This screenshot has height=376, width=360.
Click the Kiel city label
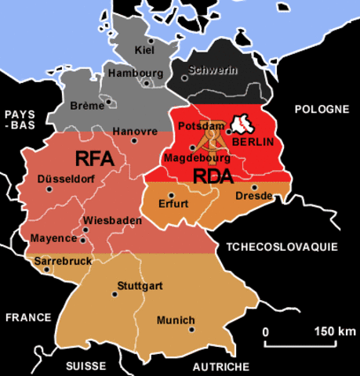click(x=145, y=51)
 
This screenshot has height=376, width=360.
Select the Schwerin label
click(x=212, y=70)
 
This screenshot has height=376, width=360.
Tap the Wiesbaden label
click(x=112, y=221)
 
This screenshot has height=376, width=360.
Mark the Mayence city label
click(x=53, y=237)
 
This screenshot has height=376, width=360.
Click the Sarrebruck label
click(x=63, y=260)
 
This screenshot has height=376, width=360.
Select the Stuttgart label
click(x=139, y=286)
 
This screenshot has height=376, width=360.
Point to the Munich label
click(x=176, y=320)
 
